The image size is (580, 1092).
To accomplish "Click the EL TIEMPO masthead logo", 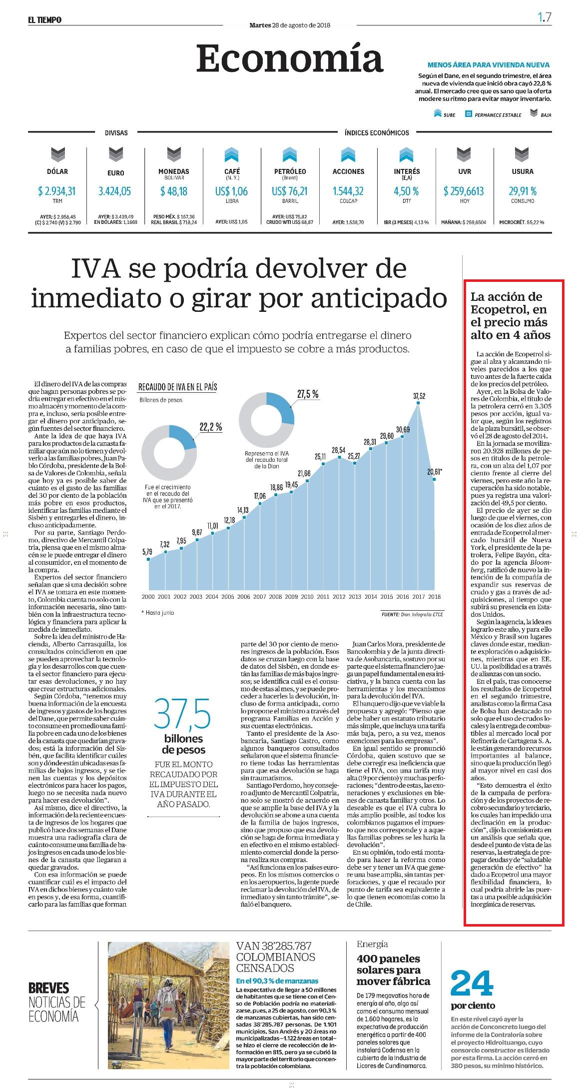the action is [x=44, y=19].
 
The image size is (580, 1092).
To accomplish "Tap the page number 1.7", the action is [x=545, y=17].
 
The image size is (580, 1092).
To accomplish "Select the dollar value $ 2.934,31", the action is [x=57, y=191].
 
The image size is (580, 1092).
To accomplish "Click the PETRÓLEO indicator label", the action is [x=290, y=171].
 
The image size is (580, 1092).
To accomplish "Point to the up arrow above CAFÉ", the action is [x=232, y=154].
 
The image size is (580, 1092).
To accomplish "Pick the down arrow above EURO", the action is [x=115, y=154].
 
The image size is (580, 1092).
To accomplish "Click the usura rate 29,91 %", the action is [x=523, y=191].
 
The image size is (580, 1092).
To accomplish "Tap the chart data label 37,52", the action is [x=419, y=396].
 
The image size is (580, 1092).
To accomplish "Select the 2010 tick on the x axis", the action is [x=307, y=596].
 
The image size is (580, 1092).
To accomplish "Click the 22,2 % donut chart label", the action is [x=211, y=427].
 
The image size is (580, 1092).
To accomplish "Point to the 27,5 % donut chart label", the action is [x=308, y=394].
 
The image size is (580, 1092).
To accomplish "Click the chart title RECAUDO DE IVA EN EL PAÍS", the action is [x=177, y=387].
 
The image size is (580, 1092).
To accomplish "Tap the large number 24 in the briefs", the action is [x=472, y=984].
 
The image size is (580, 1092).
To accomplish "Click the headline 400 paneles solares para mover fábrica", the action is [x=393, y=970].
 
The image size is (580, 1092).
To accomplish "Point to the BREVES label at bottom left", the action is [x=48, y=988].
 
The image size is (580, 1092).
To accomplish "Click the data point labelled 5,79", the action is [x=148, y=559].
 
